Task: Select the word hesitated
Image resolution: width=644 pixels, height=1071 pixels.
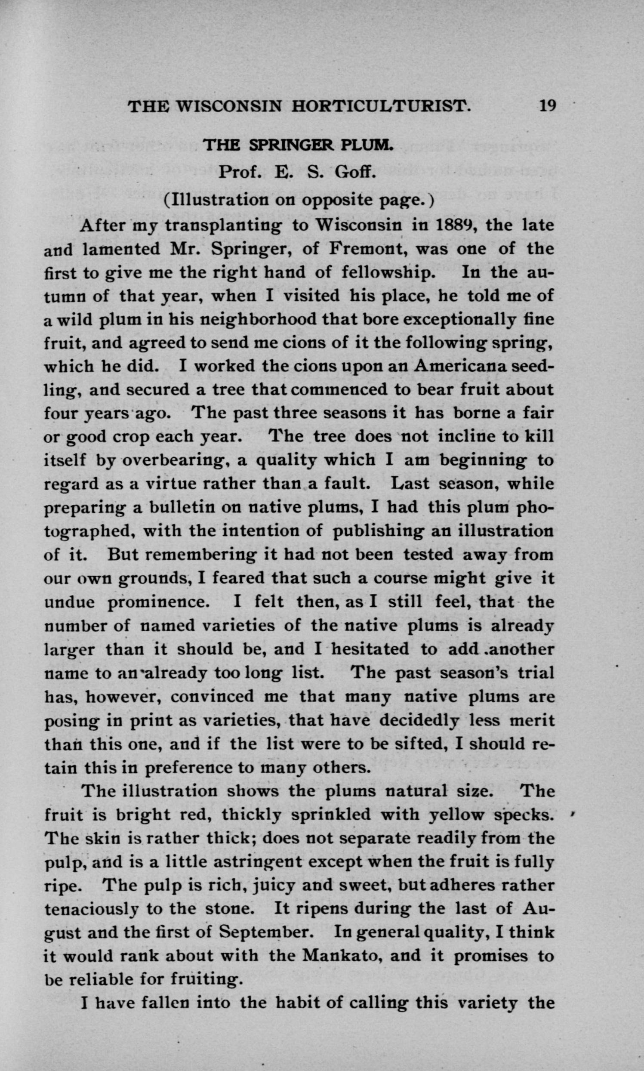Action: pos(370,649)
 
